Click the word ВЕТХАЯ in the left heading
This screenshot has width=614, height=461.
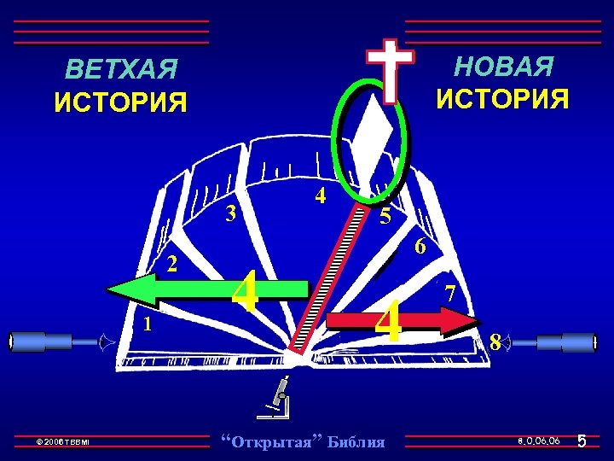(121, 68)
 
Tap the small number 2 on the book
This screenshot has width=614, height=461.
(171, 264)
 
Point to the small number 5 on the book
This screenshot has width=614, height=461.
(385, 217)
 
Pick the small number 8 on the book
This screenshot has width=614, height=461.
(495, 343)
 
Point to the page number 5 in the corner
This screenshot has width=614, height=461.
(581, 441)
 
